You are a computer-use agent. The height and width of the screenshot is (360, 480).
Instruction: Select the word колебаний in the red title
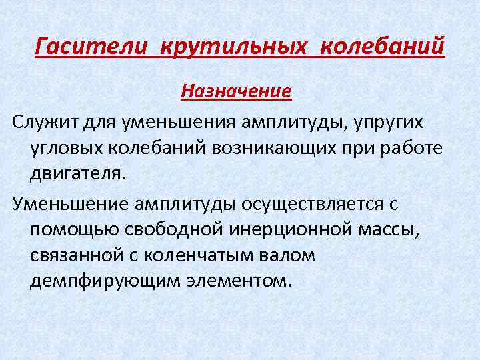click(x=382, y=47)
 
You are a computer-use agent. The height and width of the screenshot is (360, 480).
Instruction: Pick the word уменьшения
click(x=185, y=122)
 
